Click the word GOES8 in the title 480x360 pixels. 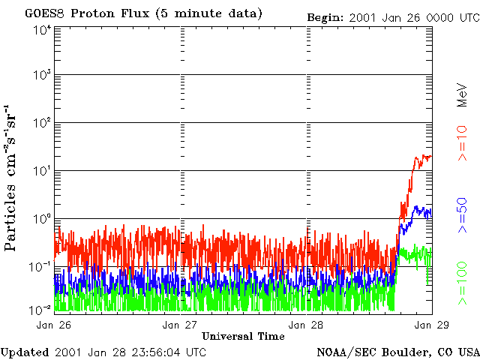(x=43, y=14)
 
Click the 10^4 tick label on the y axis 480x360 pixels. (x=42, y=31)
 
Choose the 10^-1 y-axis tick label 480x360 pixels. (x=41, y=267)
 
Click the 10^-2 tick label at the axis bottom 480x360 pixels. (x=41, y=309)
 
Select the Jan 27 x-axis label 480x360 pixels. (x=181, y=325)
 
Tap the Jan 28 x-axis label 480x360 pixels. (x=307, y=325)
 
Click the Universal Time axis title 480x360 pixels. (x=243, y=336)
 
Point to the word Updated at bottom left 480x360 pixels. (x=25, y=352)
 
